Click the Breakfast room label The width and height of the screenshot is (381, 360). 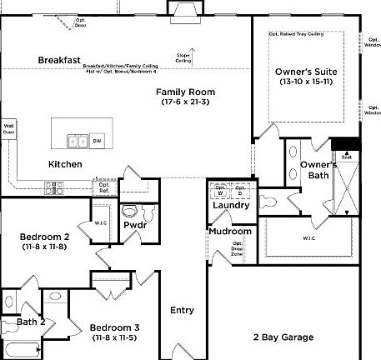[59, 60]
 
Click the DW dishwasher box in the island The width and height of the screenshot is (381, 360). [98, 140]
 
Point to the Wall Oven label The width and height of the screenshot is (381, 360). [9, 127]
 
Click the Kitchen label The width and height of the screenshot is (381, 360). [65, 164]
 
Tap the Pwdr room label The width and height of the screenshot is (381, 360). [135, 225]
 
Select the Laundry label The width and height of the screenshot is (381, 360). [231, 205]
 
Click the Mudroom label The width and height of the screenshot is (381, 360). [230, 232]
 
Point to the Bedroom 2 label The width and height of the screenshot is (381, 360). [43, 237]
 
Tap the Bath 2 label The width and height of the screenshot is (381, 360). [30, 322]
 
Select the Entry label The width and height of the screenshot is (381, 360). [182, 310]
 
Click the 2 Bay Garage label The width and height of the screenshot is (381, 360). [283, 337]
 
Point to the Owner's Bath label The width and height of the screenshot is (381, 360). [318, 169]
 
